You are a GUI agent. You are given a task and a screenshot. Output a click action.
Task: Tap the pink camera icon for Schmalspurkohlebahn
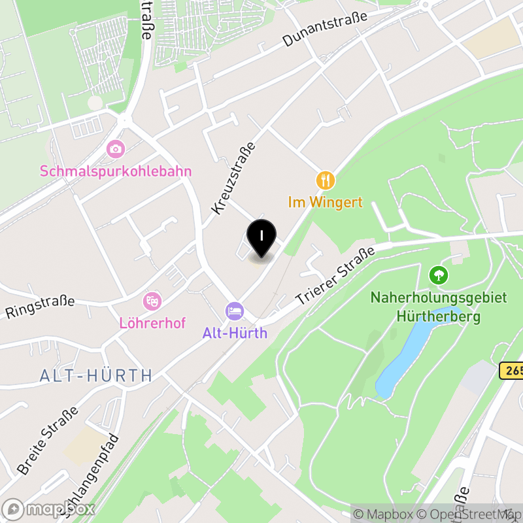pyautogui.click(x=116, y=149)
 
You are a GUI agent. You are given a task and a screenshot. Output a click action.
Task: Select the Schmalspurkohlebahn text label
pyautogui.click(x=116, y=171)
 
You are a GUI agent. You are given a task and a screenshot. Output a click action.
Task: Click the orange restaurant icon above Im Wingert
pyautogui.click(x=326, y=180)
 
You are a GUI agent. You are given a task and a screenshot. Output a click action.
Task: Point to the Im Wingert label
pyautogui.click(x=326, y=202)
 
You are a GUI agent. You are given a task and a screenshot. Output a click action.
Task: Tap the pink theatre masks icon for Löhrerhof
pyautogui.click(x=152, y=301)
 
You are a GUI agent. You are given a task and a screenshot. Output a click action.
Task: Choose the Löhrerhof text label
pyautogui.click(x=152, y=323)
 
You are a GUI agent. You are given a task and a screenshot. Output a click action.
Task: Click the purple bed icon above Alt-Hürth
pyautogui.click(x=235, y=311)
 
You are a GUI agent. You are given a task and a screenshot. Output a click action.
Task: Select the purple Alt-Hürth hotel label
pyautogui.click(x=235, y=333)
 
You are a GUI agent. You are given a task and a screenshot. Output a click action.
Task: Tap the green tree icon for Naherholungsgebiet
pyautogui.click(x=438, y=275)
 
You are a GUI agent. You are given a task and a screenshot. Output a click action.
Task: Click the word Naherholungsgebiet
pyautogui.click(x=438, y=297)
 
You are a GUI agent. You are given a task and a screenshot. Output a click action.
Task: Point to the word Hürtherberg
pyautogui.click(x=438, y=317)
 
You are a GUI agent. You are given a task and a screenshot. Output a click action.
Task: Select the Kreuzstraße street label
pyautogui.click(x=233, y=177)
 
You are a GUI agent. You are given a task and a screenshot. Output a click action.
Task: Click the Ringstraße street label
pyautogui.click(x=41, y=307)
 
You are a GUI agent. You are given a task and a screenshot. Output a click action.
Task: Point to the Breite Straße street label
pyautogui.click(x=48, y=441)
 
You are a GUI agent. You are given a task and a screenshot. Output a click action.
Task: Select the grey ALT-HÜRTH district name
pyautogui.click(x=96, y=375)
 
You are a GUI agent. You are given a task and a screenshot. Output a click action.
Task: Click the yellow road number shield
pyautogui.click(x=512, y=371)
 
